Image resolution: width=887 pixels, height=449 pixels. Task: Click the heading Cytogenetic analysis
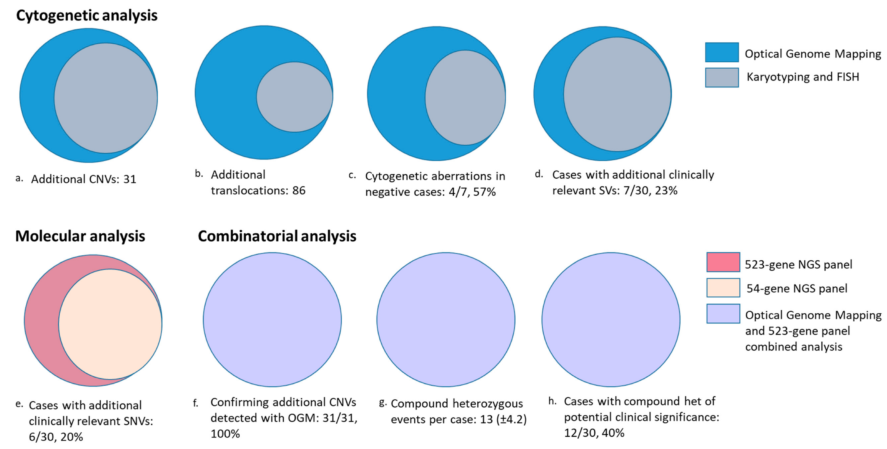[87, 16]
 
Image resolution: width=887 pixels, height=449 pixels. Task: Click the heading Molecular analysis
[80, 236]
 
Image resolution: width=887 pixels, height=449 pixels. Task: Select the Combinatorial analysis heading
[277, 236]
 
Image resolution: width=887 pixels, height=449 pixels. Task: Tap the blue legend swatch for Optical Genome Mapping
[722, 53]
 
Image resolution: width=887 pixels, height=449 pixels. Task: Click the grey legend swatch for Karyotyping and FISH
[722, 78]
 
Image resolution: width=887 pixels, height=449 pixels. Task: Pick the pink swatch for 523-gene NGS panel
[723, 262]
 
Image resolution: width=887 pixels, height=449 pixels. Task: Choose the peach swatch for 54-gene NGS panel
[723, 288]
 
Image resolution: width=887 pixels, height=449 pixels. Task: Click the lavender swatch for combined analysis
[723, 314]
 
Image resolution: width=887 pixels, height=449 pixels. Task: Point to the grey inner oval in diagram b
[294, 97]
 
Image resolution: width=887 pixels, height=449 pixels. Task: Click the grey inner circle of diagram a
[106, 98]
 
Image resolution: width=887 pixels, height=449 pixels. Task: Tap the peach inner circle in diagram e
[110, 324]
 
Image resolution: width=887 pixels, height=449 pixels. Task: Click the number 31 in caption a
[130, 179]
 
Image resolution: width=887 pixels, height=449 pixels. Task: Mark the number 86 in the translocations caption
[299, 191]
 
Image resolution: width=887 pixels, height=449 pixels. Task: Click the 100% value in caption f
[225, 434]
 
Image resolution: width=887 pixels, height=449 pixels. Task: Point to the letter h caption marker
[552, 401]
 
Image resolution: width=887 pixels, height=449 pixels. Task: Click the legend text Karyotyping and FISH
[803, 77]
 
